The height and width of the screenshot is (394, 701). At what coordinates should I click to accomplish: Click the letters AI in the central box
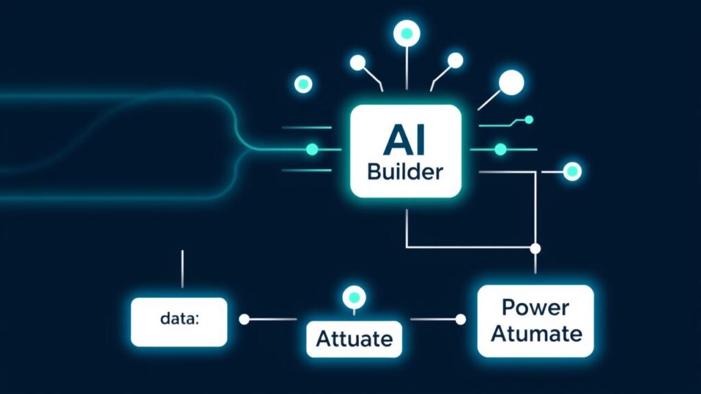(405, 140)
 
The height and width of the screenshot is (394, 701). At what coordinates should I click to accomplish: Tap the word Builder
(405, 172)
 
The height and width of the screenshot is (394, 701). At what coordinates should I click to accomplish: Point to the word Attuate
(354, 338)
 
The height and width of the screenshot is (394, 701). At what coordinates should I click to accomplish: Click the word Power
(535, 307)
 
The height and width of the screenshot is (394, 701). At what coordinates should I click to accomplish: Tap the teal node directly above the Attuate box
(354, 298)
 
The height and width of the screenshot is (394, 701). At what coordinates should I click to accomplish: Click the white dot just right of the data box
(244, 319)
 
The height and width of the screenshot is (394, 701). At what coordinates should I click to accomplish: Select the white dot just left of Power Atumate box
(461, 319)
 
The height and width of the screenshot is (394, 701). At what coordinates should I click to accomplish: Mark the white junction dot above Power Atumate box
(535, 248)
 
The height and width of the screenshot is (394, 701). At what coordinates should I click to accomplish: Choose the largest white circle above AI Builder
(511, 83)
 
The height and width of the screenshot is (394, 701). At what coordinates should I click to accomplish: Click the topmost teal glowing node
(406, 33)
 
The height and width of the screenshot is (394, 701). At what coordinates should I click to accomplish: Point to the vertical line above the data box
(182, 269)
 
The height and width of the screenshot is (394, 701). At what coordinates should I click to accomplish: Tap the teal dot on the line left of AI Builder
(312, 148)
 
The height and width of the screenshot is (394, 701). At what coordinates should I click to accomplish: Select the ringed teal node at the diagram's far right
(571, 170)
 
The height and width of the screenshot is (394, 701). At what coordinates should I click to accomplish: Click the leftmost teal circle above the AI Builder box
(303, 85)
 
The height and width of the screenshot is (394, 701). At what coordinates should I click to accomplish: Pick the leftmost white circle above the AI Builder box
(357, 64)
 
